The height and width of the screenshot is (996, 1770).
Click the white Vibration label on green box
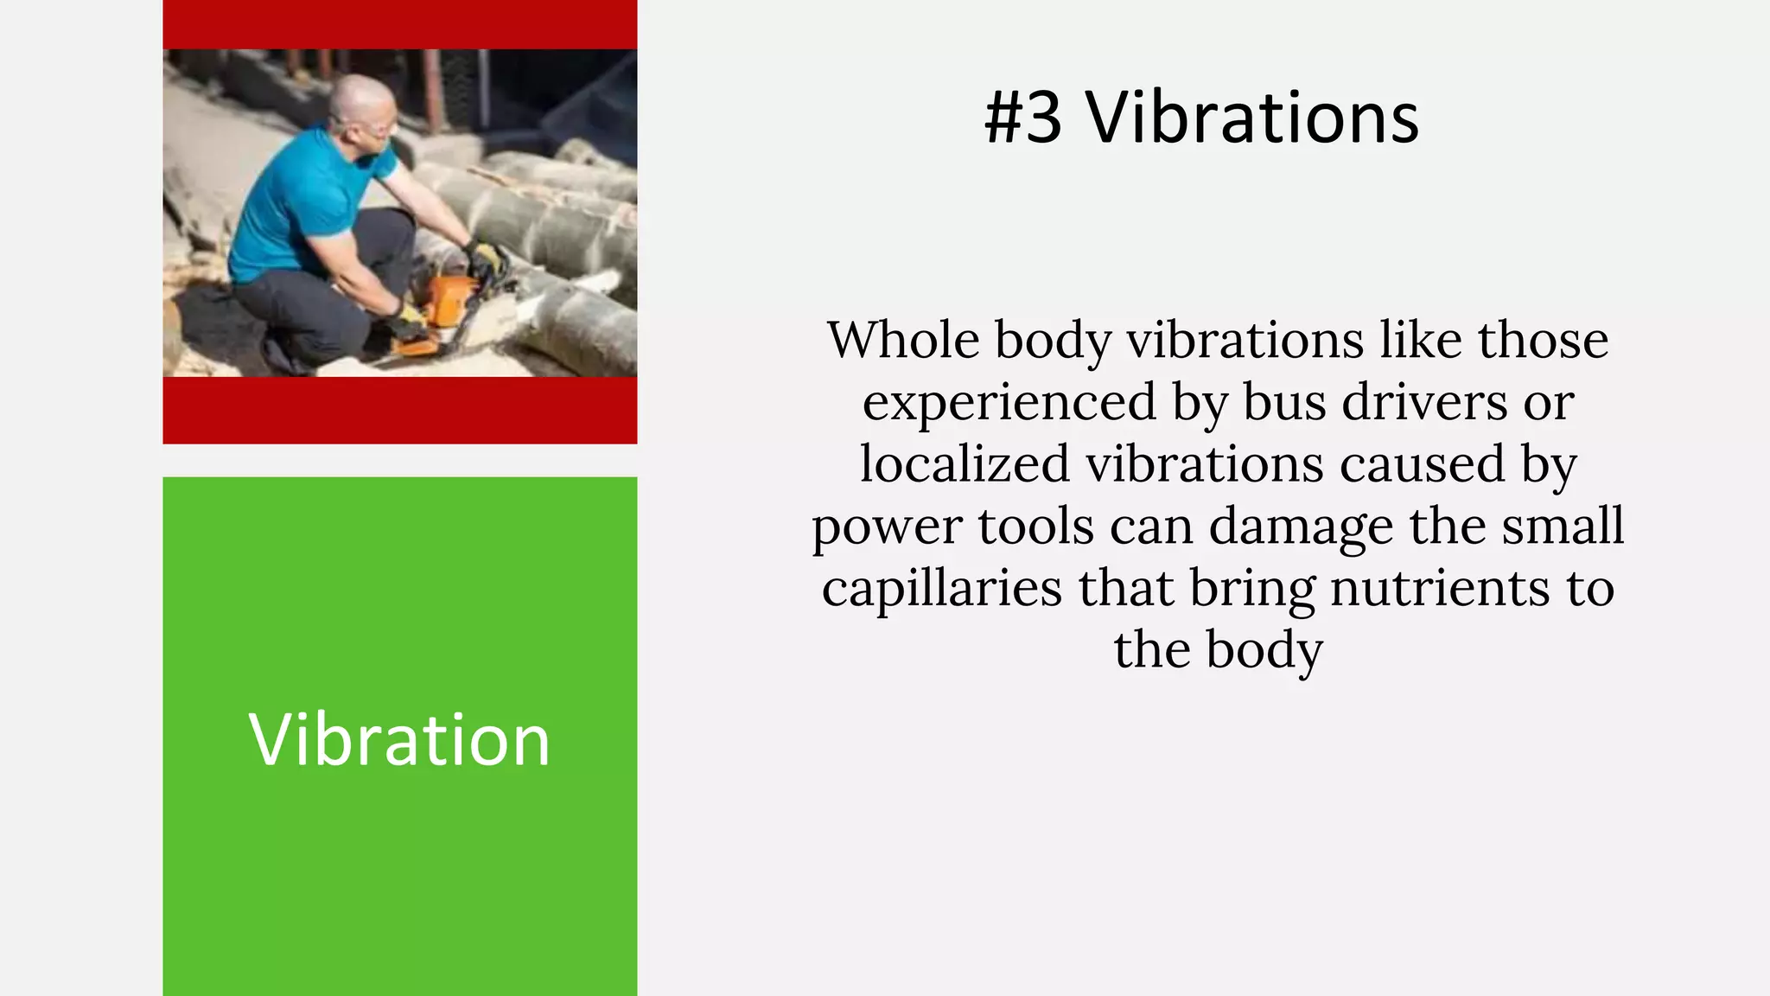[x=399, y=739]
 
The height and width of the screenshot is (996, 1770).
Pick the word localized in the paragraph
[x=965, y=463]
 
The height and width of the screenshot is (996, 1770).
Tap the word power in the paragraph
[x=886, y=527]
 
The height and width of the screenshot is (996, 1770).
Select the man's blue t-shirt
[x=294, y=207]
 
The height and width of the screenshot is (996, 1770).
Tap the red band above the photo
[x=399, y=24]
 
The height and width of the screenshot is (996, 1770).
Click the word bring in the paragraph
[x=1252, y=590]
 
